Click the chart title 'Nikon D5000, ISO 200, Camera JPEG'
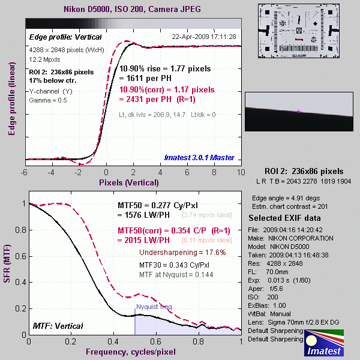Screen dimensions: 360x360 tap(132, 10)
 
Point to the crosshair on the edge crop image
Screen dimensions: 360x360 tap(298, 112)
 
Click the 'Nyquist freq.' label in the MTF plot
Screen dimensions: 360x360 tap(155, 307)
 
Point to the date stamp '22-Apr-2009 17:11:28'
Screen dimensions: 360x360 tap(204, 37)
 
